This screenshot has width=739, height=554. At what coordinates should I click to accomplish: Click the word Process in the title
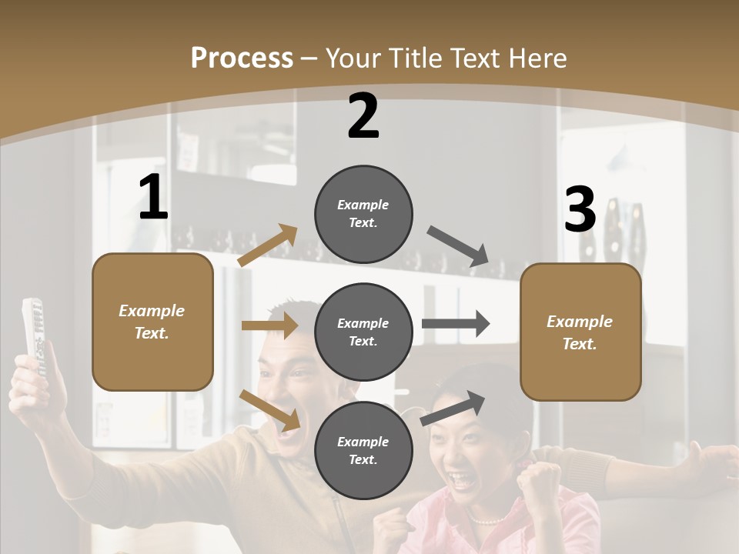[242, 58]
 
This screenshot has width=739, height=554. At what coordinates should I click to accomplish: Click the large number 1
[153, 198]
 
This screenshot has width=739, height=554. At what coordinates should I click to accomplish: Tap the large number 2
[363, 116]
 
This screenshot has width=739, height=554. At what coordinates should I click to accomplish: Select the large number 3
[580, 210]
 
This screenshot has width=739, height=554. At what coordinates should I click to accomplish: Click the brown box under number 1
[152, 322]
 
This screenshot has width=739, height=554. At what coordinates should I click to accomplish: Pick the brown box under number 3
[580, 332]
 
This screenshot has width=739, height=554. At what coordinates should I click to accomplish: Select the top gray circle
[363, 214]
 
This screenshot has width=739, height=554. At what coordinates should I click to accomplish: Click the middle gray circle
[363, 332]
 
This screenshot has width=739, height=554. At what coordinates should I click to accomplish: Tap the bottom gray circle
[363, 450]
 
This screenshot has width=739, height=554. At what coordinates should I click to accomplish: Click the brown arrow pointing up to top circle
[267, 245]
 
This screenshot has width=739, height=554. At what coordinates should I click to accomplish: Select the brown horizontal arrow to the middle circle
[269, 325]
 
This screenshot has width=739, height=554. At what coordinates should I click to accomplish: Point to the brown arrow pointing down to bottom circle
[269, 410]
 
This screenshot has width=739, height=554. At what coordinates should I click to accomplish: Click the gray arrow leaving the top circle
[459, 245]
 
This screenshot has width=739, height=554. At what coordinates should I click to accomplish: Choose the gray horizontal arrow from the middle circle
[456, 323]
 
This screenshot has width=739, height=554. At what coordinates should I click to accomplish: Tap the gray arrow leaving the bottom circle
[453, 408]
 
